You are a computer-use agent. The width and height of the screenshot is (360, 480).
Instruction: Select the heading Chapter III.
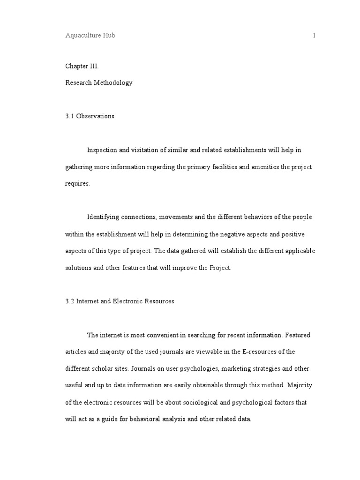(x=82, y=66)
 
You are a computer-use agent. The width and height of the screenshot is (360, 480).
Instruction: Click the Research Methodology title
(x=98, y=82)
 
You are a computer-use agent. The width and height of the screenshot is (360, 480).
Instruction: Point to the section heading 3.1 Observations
(x=90, y=116)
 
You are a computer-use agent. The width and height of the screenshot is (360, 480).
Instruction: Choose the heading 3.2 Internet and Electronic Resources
(x=120, y=301)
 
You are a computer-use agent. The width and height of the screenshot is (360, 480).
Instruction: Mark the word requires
(x=77, y=184)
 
